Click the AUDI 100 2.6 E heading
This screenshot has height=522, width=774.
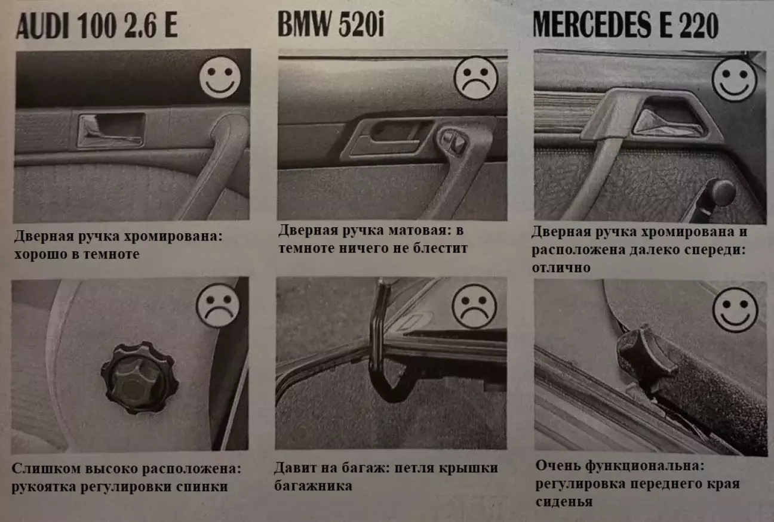(x=97, y=26)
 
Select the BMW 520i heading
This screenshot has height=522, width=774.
(x=331, y=24)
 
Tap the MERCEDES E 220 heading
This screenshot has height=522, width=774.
(x=626, y=25)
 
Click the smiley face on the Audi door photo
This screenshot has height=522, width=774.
(x=220, y=78)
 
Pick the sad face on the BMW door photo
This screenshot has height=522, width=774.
(x=476, y=78)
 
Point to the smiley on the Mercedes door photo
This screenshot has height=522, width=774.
(x=734, y=80)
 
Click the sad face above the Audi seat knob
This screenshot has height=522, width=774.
(x=217, y=305)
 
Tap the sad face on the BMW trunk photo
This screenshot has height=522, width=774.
(x=474, y=307)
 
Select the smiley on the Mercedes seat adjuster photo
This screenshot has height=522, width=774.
(x=735, y=310)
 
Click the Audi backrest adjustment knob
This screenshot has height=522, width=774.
(x=140, y=378)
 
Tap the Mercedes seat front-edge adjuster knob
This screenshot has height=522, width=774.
(x=646, y=359)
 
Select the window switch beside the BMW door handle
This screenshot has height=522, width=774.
(x=453, y=141)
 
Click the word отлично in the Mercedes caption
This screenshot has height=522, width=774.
(x=561, y=268)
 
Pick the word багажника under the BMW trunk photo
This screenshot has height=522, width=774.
(x=313, y=486)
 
